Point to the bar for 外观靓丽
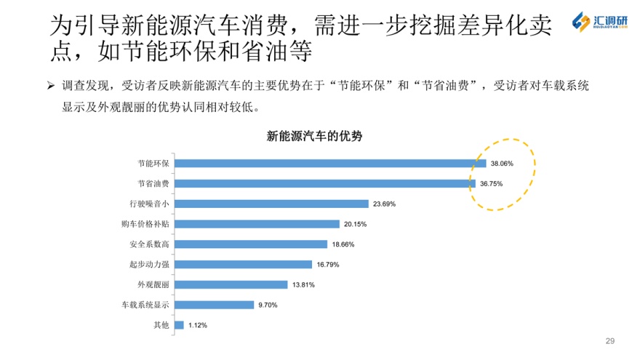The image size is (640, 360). pos(231,284)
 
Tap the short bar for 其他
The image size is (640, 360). pos(179,325)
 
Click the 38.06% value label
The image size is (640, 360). pos(502,164)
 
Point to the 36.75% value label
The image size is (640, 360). pos(492,184)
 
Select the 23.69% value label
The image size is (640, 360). pos(384,204)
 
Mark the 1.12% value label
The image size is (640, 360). pos(198,325)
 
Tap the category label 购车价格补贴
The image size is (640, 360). pos(145,224)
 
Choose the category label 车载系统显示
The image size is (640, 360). pos(145,305)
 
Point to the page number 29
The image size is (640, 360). pos(610,340)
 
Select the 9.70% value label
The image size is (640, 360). pos(268,305)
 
